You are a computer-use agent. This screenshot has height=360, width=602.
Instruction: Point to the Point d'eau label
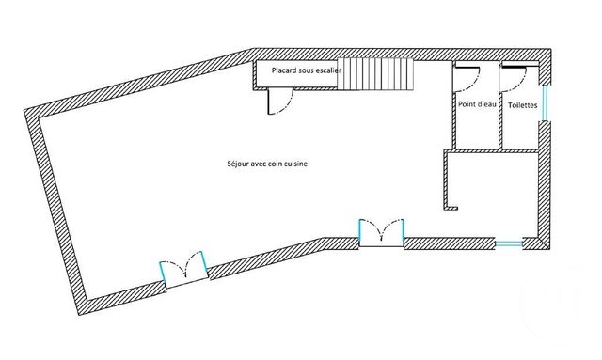[x=477, y=104]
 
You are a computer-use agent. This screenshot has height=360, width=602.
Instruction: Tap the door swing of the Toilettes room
[x=514, y=74]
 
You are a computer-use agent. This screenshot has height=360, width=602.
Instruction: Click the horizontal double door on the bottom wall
[x=382, y=232]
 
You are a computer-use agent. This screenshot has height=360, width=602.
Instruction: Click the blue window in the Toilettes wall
[x=543, y=103]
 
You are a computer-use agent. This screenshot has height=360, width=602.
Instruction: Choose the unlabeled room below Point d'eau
[x=492, y=188]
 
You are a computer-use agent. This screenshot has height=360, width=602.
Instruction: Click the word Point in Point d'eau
[x=467, y=104]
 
